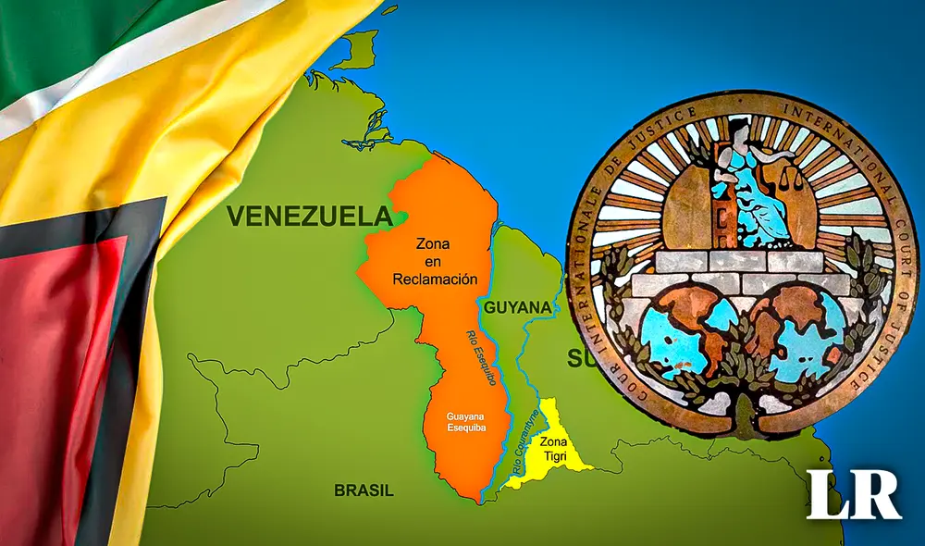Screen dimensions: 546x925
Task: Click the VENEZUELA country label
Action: [x=308, y=217]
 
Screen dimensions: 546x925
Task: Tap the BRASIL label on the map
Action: [x=364, y=490]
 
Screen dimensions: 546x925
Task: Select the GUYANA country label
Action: [x=518, y=306]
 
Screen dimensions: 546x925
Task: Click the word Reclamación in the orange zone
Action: [x=435, y=279]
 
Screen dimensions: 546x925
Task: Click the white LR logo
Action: [x=853, y=494]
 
